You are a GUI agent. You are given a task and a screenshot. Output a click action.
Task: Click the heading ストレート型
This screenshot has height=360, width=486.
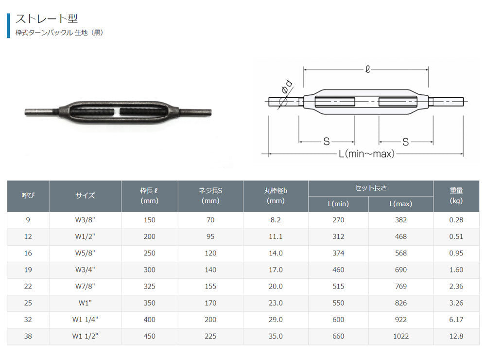(47, 18)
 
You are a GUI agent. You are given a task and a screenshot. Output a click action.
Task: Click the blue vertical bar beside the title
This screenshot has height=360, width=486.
(8, 25)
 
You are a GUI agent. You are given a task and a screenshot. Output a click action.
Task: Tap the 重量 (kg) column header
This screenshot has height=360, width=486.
(456, 196)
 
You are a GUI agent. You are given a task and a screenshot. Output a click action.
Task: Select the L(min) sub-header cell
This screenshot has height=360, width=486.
(338, 204)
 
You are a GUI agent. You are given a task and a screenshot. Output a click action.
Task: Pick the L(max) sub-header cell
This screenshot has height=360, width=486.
(401, 204)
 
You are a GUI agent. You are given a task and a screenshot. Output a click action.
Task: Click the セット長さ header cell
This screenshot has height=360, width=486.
(371, 188)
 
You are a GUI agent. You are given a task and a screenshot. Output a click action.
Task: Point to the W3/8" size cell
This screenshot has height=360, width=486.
(85, 220)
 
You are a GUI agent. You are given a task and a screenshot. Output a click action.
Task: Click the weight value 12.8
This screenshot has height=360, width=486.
(456, 336)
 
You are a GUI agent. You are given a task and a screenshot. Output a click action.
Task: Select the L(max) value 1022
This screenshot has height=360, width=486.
(401, 336)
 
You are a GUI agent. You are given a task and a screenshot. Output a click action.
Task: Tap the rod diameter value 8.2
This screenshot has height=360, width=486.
(276, 220)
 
